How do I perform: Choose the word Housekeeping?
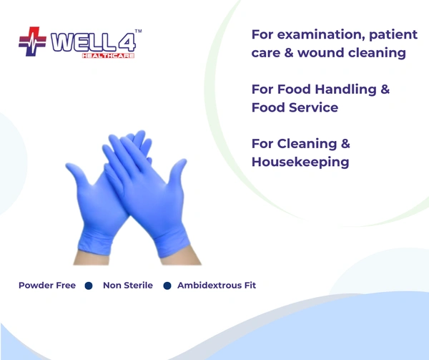pos(300,162)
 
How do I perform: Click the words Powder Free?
pos(47,286)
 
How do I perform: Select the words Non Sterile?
pos(128,286)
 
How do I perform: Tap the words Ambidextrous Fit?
pos(217,286)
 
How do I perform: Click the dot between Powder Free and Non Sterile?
pos(89,286)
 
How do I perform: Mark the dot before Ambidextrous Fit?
pos(167,286)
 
